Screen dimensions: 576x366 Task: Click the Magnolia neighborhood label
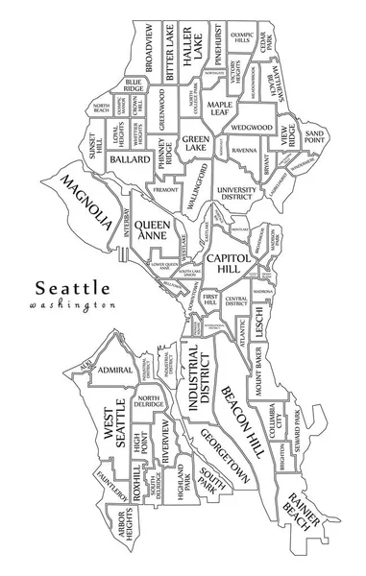[x=86, y=201]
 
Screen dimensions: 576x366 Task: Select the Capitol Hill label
[x=228, y=265]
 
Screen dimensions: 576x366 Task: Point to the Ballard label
[x=130, y=159]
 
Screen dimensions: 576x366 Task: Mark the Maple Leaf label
[x=222, y=108]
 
